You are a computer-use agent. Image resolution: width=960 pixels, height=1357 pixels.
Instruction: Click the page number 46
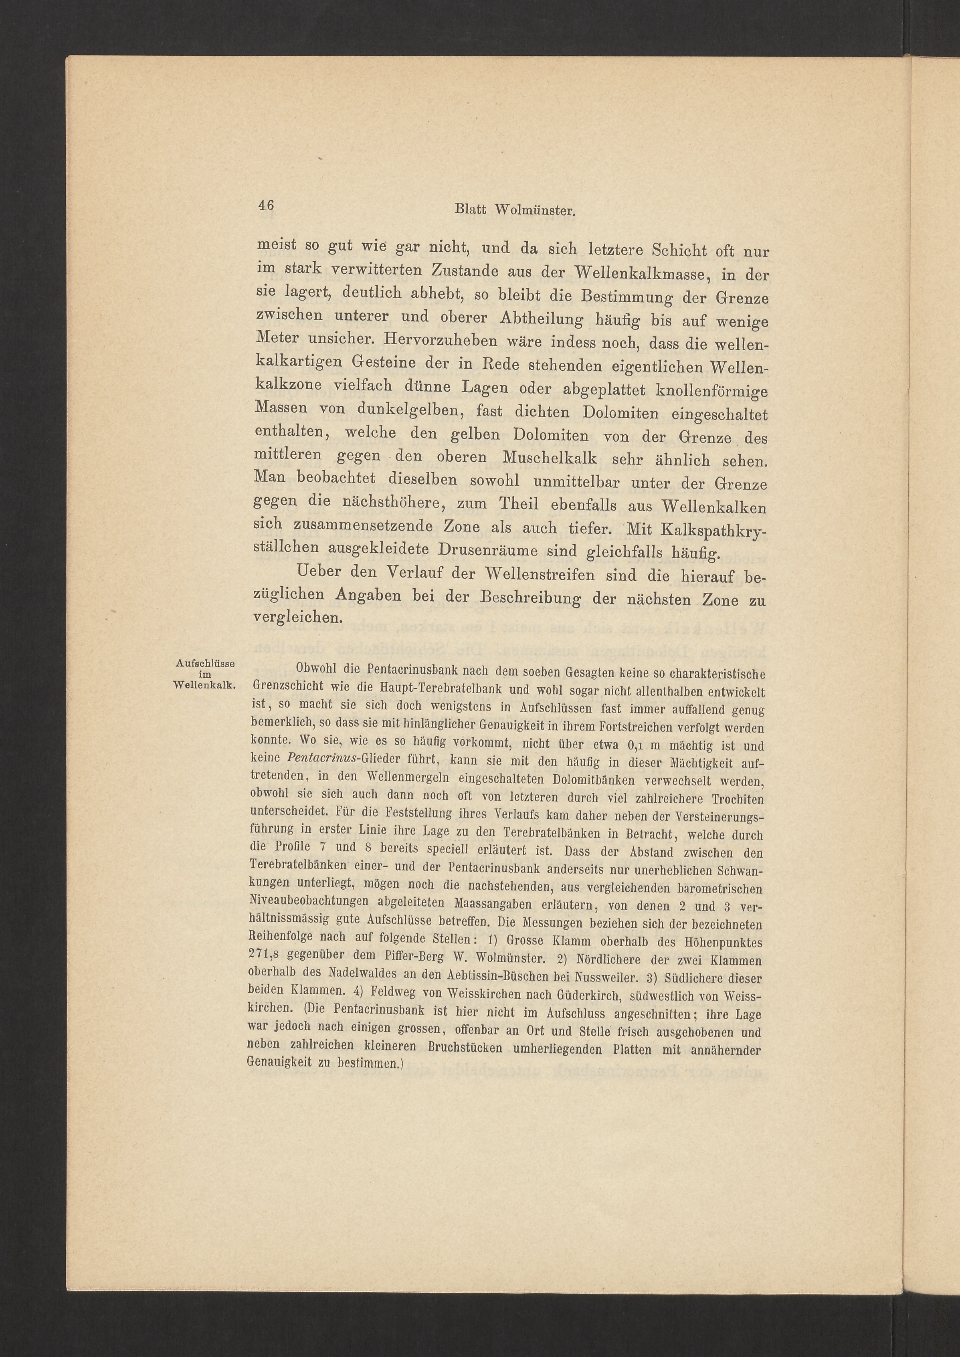(265, 206)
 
